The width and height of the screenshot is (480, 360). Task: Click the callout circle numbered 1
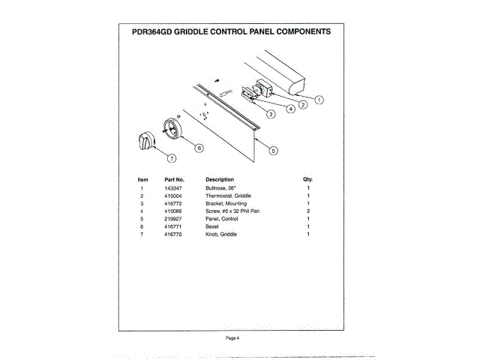click(319, 100)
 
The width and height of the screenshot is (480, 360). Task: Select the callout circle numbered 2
click(302, 105)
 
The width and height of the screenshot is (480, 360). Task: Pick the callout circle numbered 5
click(273, 150)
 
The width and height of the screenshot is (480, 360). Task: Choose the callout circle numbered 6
click(199, 148)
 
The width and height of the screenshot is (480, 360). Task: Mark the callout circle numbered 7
click(171, 158)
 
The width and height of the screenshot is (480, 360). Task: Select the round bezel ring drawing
click(172, 128)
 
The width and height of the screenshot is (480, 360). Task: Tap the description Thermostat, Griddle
click(228, 195)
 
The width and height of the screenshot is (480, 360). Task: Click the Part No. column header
click(174, 179)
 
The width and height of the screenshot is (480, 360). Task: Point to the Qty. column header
click(307, 179)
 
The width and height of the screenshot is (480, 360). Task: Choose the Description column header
click(220, 179)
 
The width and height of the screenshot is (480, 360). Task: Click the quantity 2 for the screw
click(307, 211)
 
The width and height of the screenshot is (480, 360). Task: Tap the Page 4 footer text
click(232, 338)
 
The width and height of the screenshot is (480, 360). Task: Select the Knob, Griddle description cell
click(221, 235)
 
